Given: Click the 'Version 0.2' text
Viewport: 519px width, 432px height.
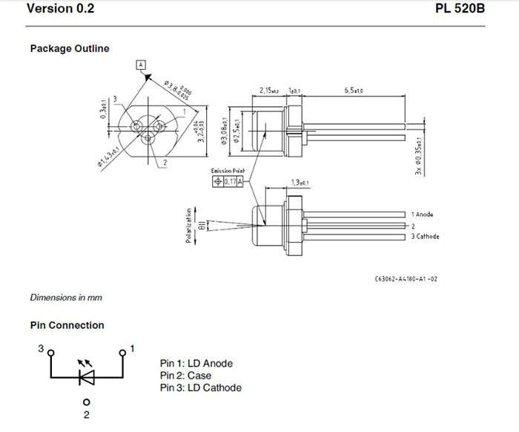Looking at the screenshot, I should click(60, 10).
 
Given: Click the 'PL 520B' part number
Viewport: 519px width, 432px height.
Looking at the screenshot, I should click(466, 10).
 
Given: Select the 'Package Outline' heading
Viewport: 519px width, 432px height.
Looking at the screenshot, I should click(70, 49).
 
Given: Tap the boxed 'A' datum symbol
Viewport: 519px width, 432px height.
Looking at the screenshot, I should click(140, 65).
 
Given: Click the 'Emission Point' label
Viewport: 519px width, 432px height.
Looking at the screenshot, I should click(228, 171).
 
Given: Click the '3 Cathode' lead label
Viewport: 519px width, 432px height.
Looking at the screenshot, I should click(426, 236).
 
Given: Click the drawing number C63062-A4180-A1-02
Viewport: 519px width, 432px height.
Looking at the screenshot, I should click(406, 280).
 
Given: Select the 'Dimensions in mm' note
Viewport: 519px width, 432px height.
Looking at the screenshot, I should click(66, 298).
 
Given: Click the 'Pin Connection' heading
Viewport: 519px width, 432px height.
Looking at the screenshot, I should click(67, 325).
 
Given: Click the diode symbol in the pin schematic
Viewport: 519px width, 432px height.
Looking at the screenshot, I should click(86, 378).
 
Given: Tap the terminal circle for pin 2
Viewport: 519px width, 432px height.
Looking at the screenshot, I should click(86, 403).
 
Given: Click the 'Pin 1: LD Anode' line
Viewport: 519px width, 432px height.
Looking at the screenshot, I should click(196, 364).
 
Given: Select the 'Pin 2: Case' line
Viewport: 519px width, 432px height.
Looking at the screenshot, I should click(185, 376).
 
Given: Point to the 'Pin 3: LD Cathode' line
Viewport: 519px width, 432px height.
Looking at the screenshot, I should click(200, 387).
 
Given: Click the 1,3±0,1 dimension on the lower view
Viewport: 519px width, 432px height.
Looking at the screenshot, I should click(300, 183).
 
